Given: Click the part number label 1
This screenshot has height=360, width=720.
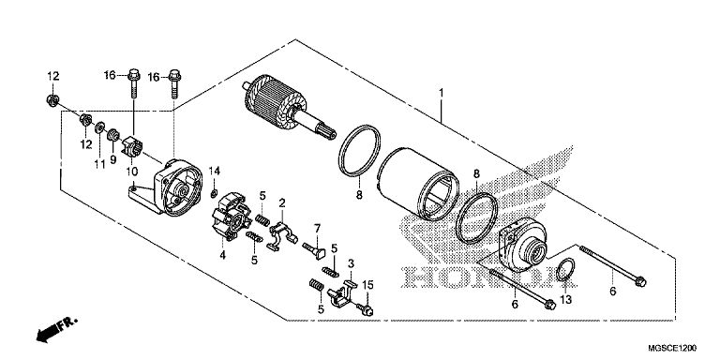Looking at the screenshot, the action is pyautogui.click(x=441, y=94).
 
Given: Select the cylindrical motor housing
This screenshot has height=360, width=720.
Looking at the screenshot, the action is pyautogui.click(x=418, y=184).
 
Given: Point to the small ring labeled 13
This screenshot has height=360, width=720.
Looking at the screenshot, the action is pyautogui.click(x=564, y=269).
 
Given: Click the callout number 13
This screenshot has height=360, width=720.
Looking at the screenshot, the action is pyautogui.click(x=566, y=300).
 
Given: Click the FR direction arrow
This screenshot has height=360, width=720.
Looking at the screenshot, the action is pyautogui.click(x=56, y=330).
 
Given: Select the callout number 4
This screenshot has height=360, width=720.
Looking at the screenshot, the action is pyautogui.click(x=223, y=255).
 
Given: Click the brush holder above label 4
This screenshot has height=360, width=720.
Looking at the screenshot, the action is pyautogui.click(x=232, y=217).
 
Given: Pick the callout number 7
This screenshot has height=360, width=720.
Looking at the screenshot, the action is pyautogui.click(x=317, y=228).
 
